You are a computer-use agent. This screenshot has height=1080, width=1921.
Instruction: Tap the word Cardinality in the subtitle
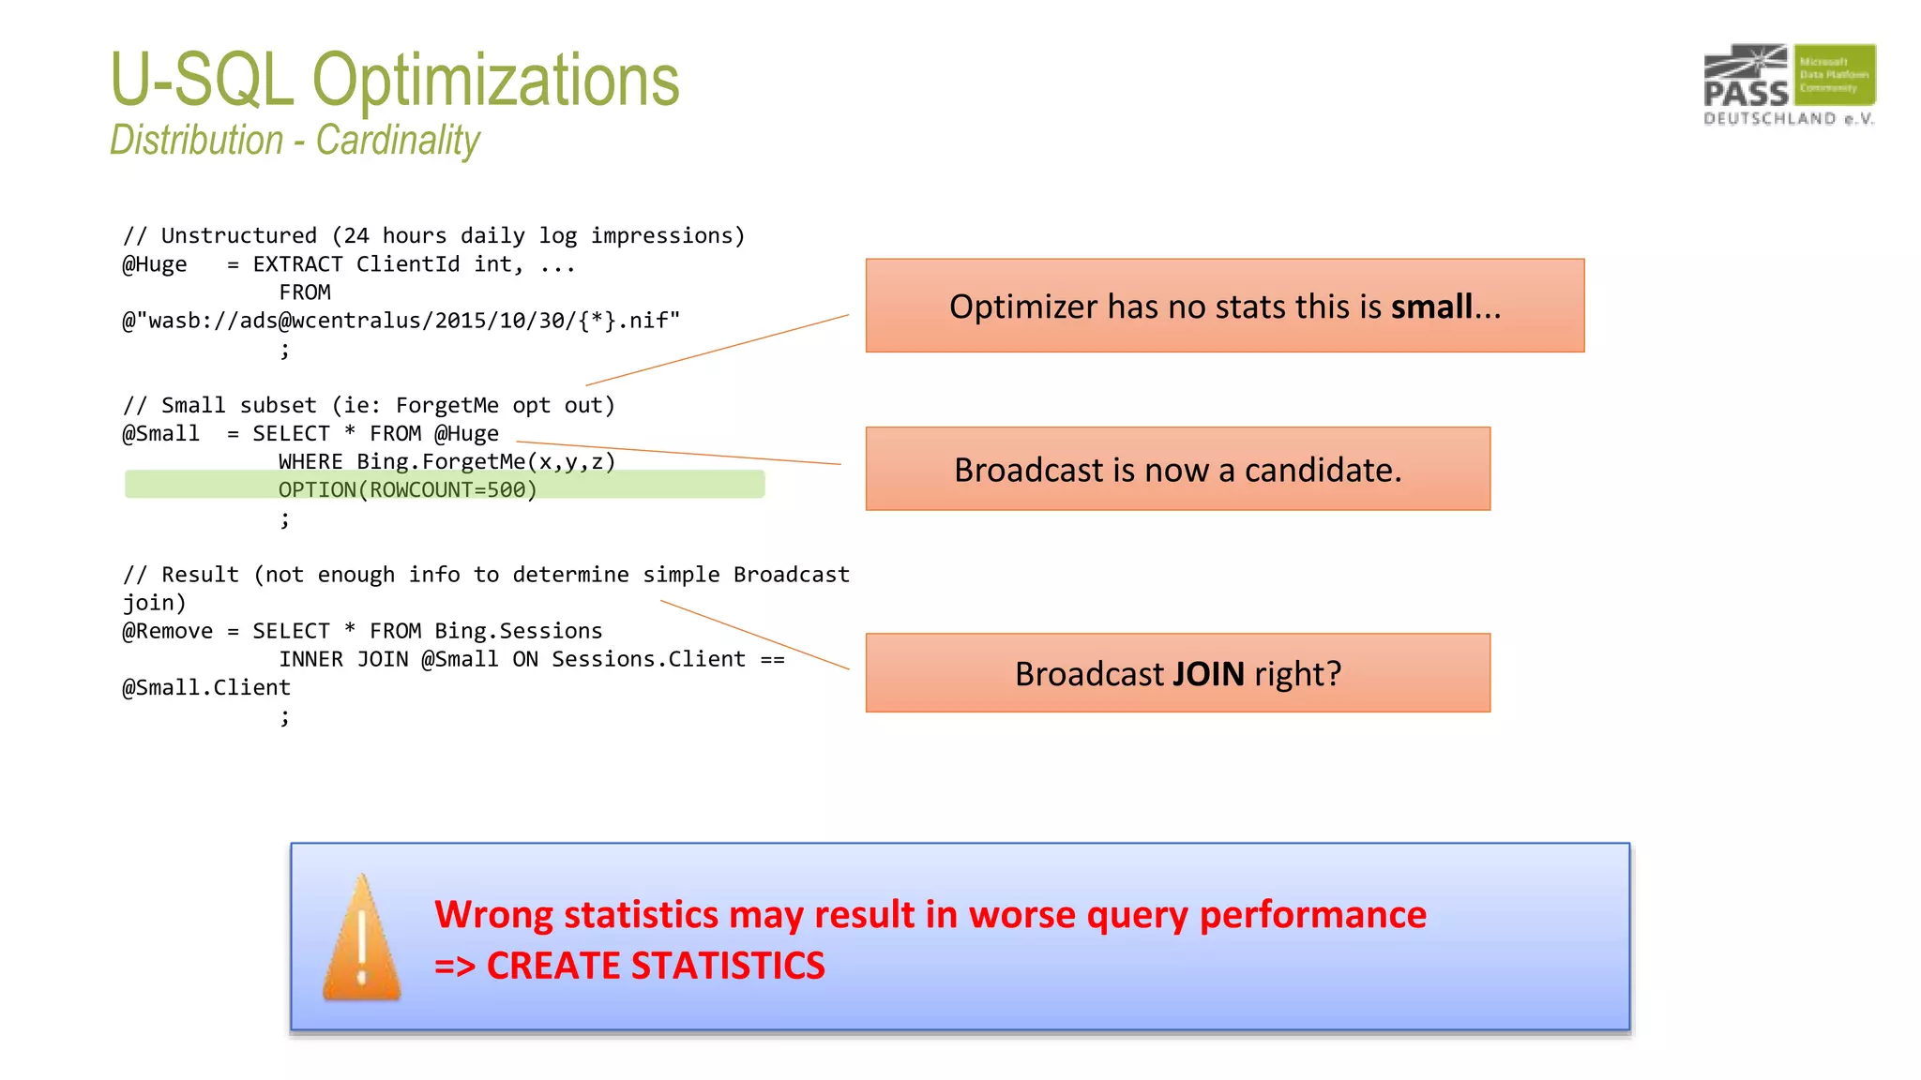click(398, 141)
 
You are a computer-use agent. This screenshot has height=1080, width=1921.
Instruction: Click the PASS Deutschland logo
click(1789, 84)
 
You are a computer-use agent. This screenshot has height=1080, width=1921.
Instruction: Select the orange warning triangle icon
click(361, 939)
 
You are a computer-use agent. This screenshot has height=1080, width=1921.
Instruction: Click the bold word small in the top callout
click(1431, 307)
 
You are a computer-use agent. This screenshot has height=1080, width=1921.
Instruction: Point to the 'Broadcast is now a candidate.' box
click(1177, 469)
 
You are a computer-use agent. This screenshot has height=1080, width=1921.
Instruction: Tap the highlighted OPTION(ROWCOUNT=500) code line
click(407, 489)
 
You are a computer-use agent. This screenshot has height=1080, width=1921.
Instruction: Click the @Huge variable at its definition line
click(155, 264)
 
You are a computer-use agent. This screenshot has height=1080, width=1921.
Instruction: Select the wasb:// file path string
click(401, 321)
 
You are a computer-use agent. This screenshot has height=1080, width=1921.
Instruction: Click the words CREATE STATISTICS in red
click(656, 966)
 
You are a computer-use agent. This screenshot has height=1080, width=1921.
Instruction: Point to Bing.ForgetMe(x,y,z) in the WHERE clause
click(486, 461)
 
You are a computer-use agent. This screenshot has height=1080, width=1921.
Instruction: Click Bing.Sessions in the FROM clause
click(518, 631)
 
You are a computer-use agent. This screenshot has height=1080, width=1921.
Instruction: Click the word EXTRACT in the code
click(297, 264)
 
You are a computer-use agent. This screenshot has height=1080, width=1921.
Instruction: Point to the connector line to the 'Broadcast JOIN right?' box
click(755, 635)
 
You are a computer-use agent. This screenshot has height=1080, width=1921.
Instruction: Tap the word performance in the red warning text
click(1312, 914)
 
